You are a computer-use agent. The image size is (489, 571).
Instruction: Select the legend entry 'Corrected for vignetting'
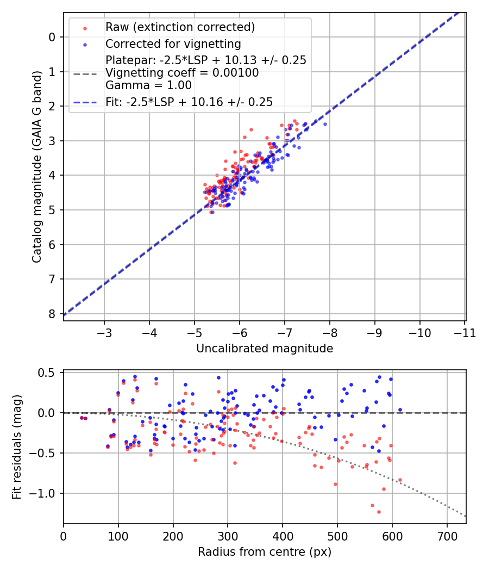point(173,44)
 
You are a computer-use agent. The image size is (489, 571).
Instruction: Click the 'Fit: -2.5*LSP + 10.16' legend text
point(189,101)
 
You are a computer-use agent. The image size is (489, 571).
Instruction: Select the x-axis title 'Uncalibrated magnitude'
point(265,348)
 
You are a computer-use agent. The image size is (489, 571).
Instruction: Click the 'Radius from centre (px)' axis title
point(265,552)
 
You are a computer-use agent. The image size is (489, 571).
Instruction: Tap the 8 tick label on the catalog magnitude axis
point(52,314)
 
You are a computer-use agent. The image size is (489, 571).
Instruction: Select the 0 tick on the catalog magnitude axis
point(52,37)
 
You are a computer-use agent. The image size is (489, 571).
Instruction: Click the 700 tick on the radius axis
point(447,536)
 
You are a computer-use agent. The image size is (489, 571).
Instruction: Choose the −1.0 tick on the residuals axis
point(46,493)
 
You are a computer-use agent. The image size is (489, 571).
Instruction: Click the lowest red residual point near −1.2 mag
point(379,512)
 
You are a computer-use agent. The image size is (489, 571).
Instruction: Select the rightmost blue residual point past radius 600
point(400,409)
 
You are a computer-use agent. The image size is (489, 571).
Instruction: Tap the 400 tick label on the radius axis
point(283,536)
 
